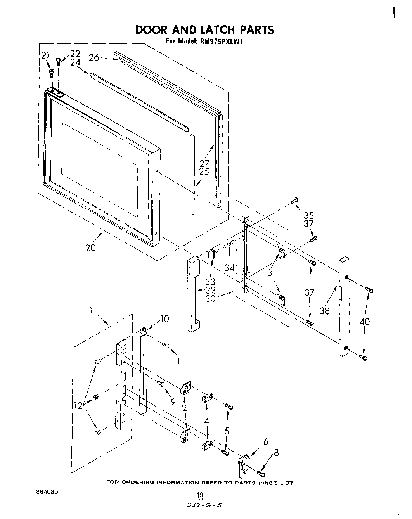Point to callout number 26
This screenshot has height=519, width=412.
[x=94, y=58]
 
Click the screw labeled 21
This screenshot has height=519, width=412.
[x=51, y=72]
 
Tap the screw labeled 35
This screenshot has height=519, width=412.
[x=294, y=201]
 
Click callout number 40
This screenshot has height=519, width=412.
[x=364, y=322]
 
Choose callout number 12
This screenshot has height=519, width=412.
[x=78, y=405]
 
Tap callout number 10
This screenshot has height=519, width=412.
[x=165, y=319]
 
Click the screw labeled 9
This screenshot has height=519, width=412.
[x=161, y=384]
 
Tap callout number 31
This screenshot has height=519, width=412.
[x=271, y=273]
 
